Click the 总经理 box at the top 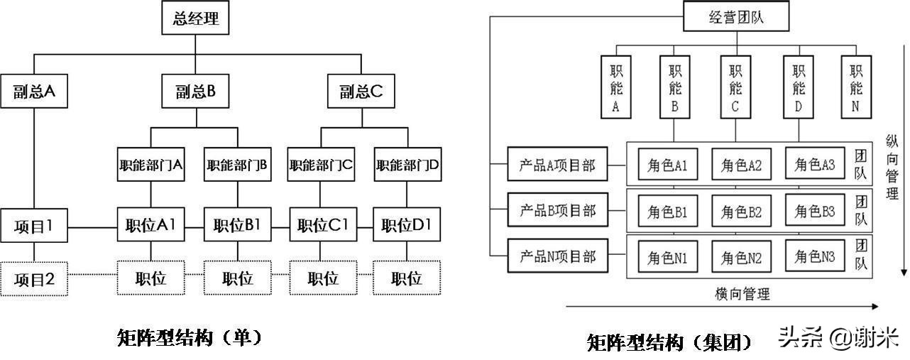[x=195, y=18]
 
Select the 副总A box [x=34, y=92]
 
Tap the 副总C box [x=361, y=92]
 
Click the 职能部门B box [x=237, y=165]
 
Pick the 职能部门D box [x=408, y=165]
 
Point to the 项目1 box [x=34, y=226]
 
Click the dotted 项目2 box [x=34, y=279]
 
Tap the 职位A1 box [x=150, y=226]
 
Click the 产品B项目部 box [x=557, y=210]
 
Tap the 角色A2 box [x=741, y=165]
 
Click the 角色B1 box [x=667, y=211]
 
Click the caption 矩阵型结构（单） [x=190, y=337]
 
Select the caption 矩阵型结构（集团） [x=669, y=343]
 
